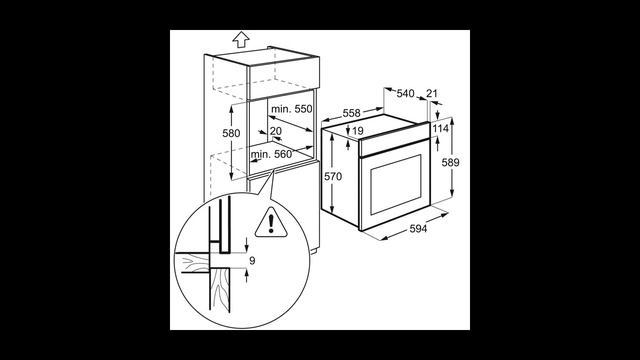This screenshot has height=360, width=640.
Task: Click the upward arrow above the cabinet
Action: (241, 40)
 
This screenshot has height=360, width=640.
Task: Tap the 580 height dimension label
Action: (231, 133)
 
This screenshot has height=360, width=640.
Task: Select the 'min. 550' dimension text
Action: (291, 109)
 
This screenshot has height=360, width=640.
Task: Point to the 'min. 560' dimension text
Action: (271, 154)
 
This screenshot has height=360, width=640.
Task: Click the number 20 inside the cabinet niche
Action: (276, 131)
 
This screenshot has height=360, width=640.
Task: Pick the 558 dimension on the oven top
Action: (351, 113)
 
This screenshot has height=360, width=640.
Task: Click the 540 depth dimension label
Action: (405, 93)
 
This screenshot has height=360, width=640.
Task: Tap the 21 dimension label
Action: (432, 93)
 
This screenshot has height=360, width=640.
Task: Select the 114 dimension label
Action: (441, 129)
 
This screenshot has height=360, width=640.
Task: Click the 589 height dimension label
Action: (451, 162)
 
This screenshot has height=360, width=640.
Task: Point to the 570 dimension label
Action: (333, 177)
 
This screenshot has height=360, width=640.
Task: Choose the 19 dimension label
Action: (358, 131)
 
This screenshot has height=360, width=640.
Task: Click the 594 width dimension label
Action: (418, 229)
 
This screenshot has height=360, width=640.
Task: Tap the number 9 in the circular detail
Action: (252, 260)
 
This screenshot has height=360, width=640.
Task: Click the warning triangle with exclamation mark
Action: (271, 223)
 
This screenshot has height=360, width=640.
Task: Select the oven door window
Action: (396, 184)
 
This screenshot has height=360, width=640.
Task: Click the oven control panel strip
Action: (394, 141)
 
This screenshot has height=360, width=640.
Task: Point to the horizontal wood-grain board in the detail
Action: (192, 262)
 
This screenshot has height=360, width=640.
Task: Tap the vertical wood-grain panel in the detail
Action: (220, 290)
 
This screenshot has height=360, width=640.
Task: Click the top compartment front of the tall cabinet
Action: (284, 79)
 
